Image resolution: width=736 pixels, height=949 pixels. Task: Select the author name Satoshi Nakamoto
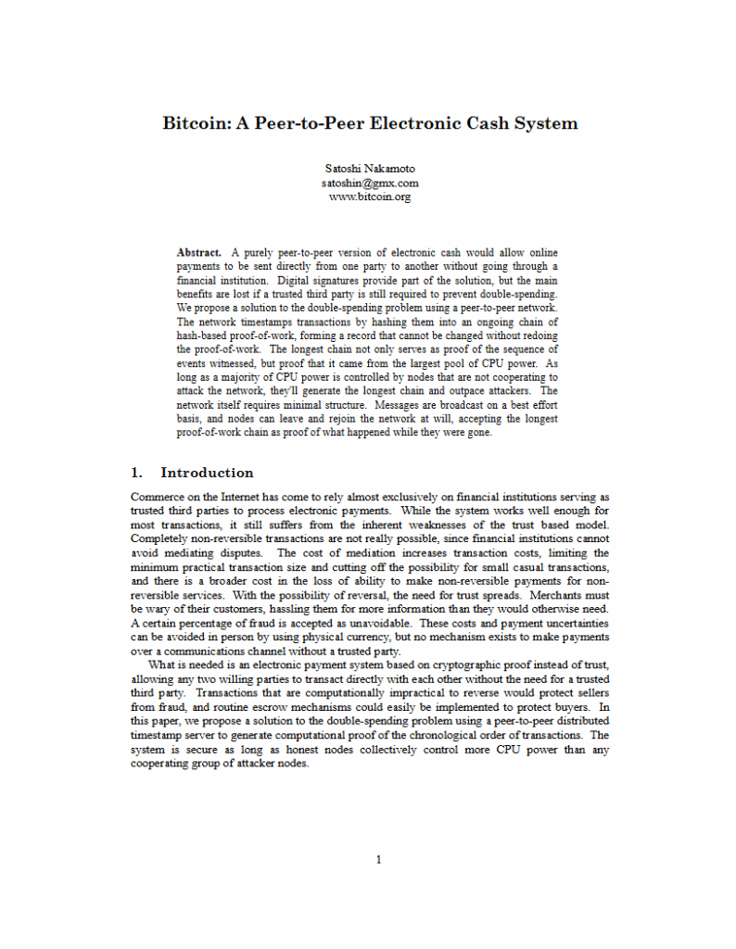[x=370, y=169]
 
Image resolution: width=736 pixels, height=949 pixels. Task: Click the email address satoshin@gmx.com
[x=370, y=183]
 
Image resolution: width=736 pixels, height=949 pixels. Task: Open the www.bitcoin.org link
[x=370, y=196]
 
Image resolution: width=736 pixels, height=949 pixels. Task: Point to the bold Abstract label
[x=199, y=252]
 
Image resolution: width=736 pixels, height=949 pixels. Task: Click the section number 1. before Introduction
[x=137, y=473]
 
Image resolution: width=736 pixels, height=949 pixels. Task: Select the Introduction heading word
[x=207, y=473]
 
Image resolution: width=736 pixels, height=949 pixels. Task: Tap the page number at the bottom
[x=378, y=859]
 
